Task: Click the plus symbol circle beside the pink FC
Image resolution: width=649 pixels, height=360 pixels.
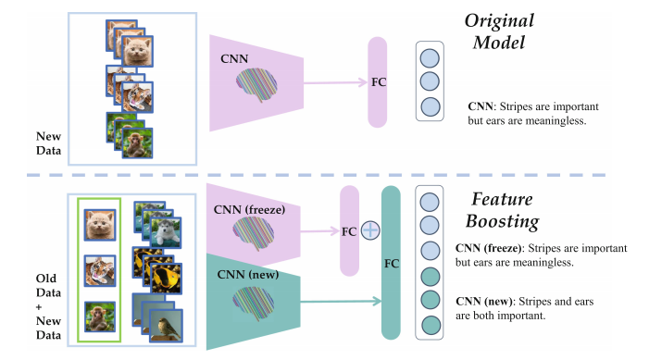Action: tap(370, 230)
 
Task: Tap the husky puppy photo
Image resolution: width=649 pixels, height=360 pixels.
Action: tap(166, 232)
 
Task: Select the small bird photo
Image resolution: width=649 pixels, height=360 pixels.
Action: tap(166, 326)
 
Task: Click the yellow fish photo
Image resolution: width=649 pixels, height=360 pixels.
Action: tap(166, 278)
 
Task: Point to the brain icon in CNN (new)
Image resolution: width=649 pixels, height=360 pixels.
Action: tap(254, 304)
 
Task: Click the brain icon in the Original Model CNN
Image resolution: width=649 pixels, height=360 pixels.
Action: tap(256, 85)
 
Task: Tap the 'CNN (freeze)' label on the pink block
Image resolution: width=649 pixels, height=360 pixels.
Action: tap(249, 210)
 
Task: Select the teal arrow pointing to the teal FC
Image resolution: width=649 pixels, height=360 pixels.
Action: tap(341, 302)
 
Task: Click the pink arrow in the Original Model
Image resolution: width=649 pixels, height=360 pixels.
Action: tap(335, 82)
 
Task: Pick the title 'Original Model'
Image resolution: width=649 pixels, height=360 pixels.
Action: tap(499, 31)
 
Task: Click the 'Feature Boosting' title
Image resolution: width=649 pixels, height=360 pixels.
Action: tap(502, 211)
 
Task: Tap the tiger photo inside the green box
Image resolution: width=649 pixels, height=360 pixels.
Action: tap(100, 271)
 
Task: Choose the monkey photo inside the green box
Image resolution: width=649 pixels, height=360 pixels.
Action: tap(100, 317)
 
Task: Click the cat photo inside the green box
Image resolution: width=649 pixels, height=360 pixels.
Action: tap(100, 225)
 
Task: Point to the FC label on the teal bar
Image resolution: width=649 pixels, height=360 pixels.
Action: tap(391, 264)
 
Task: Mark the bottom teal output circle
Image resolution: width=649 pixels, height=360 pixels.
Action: tap(431, 325)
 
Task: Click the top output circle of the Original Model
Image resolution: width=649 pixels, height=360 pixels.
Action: tap(430, 58)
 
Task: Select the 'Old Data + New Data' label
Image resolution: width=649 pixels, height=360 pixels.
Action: tap(48, 306)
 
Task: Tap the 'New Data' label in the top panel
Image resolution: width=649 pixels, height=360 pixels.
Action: tap(48, 143)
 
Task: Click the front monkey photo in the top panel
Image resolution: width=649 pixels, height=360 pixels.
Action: tap(137, 143)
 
